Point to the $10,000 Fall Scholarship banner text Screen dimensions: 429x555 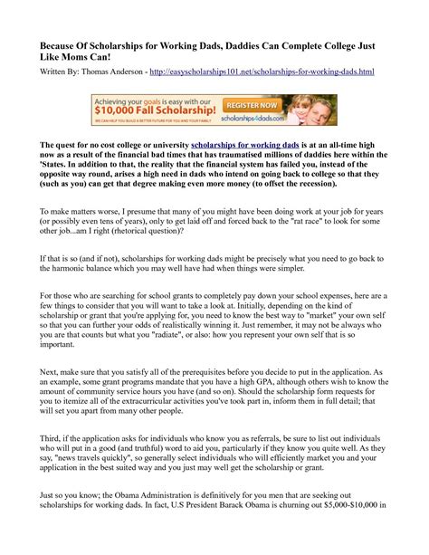tap(145, 113)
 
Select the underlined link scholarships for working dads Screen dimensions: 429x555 tap(244, 145)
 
